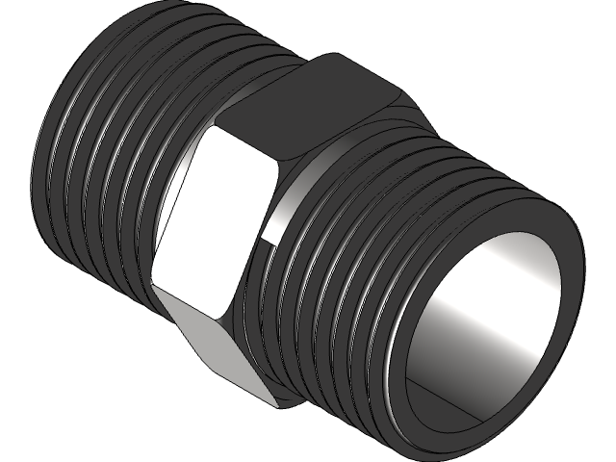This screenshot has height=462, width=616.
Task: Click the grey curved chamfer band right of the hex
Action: pyautogui.click(x=289, y=192)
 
